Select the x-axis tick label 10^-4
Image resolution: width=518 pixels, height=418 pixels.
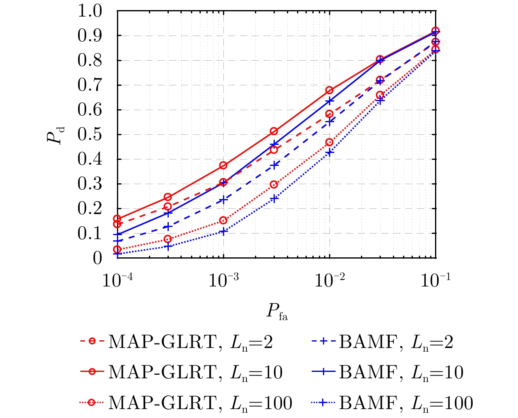click(x=118, y=280)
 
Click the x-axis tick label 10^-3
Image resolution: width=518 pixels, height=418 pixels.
click(x=224, y=280)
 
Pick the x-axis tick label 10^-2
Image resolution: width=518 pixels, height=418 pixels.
click(x=330, y=280)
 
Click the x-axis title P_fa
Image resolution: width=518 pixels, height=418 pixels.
click(x=277, y=312)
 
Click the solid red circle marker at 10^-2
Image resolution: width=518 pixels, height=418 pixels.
click(x=330, y=90)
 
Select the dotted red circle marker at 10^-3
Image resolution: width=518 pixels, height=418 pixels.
click(x=223, y=221)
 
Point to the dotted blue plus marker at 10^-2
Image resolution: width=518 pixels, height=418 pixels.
click(x=330, y=153)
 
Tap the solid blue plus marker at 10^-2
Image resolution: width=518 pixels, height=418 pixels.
click(x=330, y=101)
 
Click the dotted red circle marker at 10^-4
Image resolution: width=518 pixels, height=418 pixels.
click(x=117, y=249)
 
